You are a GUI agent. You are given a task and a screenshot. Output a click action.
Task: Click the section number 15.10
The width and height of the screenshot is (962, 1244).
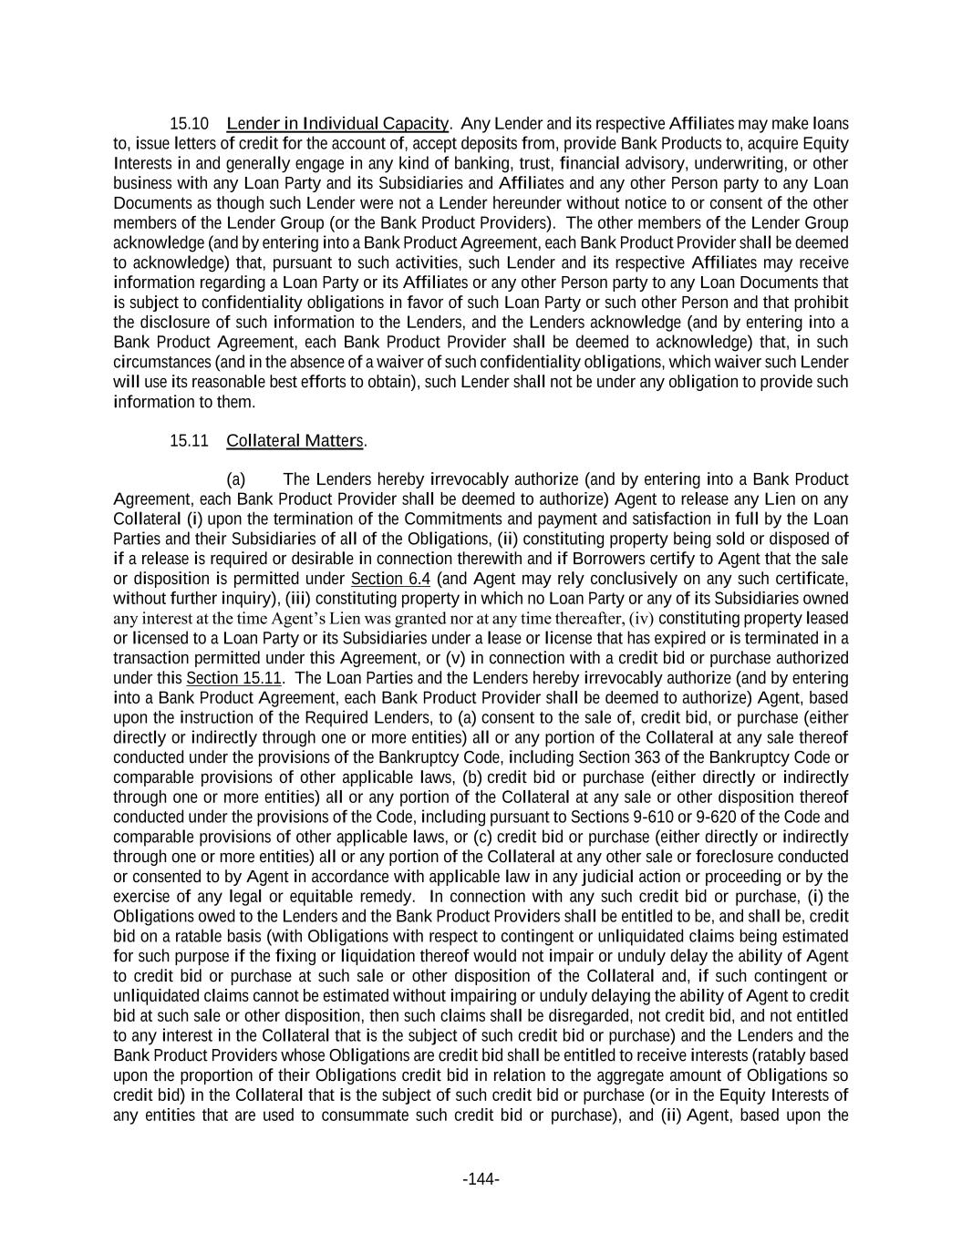190,124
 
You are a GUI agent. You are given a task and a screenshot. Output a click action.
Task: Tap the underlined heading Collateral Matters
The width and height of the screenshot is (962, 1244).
295,441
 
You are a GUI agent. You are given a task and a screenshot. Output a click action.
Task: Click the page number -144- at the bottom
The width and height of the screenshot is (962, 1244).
481,1179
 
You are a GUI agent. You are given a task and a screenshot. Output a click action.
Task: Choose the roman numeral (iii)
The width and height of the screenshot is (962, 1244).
297,599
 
